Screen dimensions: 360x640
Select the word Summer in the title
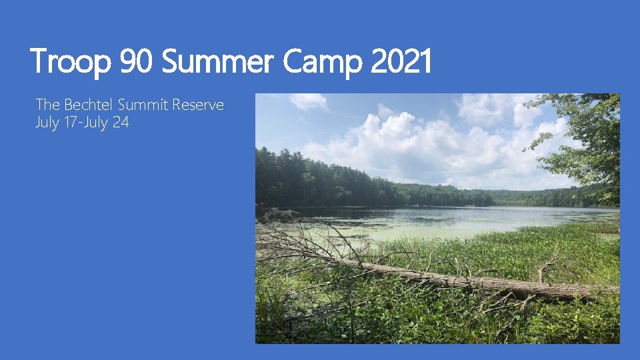click(218, 63)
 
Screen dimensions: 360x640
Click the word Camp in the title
click(321, 63)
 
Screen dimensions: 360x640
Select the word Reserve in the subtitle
click(198, 105)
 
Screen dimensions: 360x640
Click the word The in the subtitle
click(48, 105)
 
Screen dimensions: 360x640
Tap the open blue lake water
click(507, 215)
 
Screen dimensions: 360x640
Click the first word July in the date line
click(47, 123)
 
